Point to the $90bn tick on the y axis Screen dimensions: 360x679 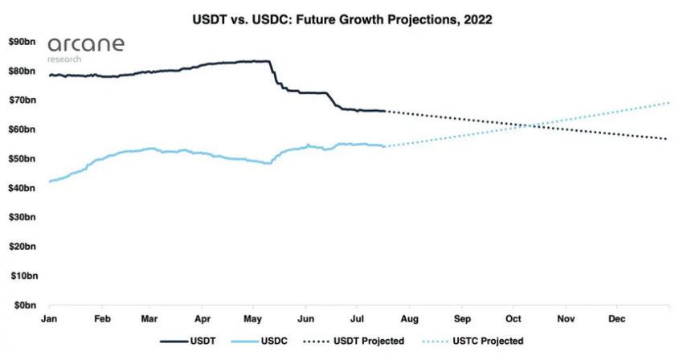22,42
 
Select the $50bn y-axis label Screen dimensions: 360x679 22,159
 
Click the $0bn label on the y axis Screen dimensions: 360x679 24,305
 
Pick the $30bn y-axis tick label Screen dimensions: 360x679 22,217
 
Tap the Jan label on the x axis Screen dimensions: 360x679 50,319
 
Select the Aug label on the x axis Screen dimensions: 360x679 408,319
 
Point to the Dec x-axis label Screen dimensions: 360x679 616,319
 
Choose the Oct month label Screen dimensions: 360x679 513,319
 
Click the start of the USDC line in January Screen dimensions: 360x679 50,182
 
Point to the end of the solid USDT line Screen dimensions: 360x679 386,111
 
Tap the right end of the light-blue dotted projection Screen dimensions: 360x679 669,103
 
